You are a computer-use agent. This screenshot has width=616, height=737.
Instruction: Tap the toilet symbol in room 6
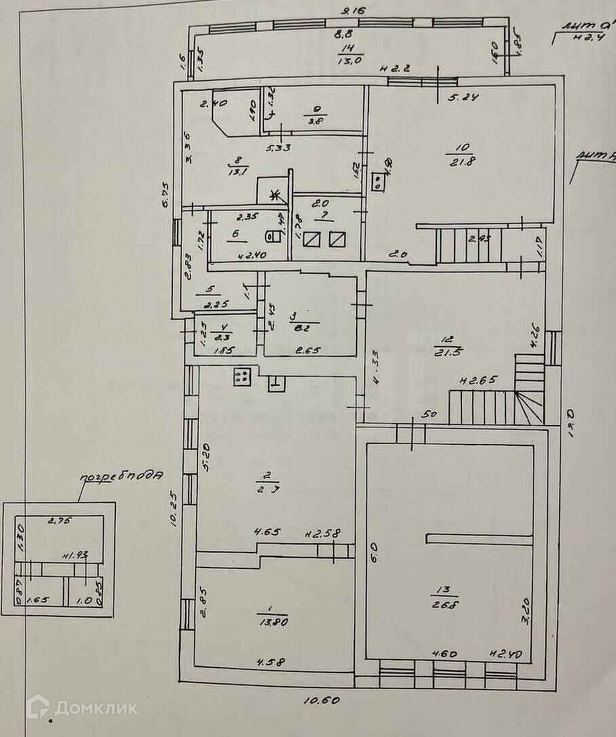(272, 237)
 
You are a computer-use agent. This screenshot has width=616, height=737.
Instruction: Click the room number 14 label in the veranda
(349, 47)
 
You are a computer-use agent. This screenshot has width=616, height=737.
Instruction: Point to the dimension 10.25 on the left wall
(174, 510)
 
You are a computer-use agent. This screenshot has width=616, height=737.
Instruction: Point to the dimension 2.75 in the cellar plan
(60, 521)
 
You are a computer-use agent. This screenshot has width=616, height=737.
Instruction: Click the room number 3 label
(293, 316)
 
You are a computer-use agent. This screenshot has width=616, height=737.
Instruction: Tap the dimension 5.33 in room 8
(278, 147)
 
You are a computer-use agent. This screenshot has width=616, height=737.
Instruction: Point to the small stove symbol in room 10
(378, 181)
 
